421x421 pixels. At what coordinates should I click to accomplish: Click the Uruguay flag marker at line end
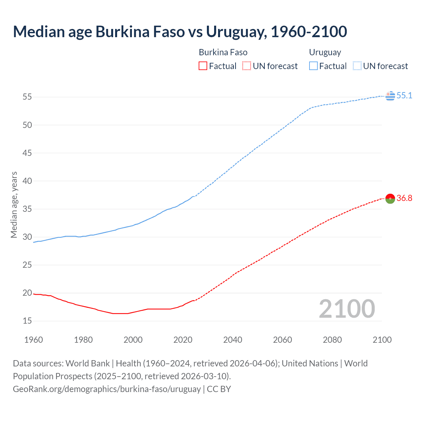point(390,96)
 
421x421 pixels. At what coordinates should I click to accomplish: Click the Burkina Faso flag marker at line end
point(390,198)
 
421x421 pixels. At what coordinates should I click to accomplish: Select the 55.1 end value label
point(404,95)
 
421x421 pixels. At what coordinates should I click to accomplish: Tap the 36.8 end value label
point(404,198)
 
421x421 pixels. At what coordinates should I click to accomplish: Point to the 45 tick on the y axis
point(27,153)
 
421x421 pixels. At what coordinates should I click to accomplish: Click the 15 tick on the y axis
point(27,321)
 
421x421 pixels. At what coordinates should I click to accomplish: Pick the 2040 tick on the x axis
point(233,340)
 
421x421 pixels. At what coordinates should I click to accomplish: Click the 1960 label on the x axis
point(34,340)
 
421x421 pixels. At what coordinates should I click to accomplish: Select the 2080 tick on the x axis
point(332,340)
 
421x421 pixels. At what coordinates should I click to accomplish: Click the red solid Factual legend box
point(203,66)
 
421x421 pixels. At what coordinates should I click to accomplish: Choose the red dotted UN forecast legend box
point(247,66)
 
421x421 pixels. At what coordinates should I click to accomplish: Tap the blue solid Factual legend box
point(313,66)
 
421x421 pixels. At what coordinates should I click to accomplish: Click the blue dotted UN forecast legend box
point(357,66)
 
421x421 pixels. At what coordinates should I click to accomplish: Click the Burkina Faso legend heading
point(223,52)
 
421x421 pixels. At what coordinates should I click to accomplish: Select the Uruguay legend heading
point(325,52)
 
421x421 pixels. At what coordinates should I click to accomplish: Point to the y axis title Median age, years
point(14,205)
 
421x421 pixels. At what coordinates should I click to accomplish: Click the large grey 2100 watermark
point(347,309)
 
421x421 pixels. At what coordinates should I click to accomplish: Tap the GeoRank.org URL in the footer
point(107,389)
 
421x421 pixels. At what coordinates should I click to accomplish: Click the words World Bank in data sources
point(87,363)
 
